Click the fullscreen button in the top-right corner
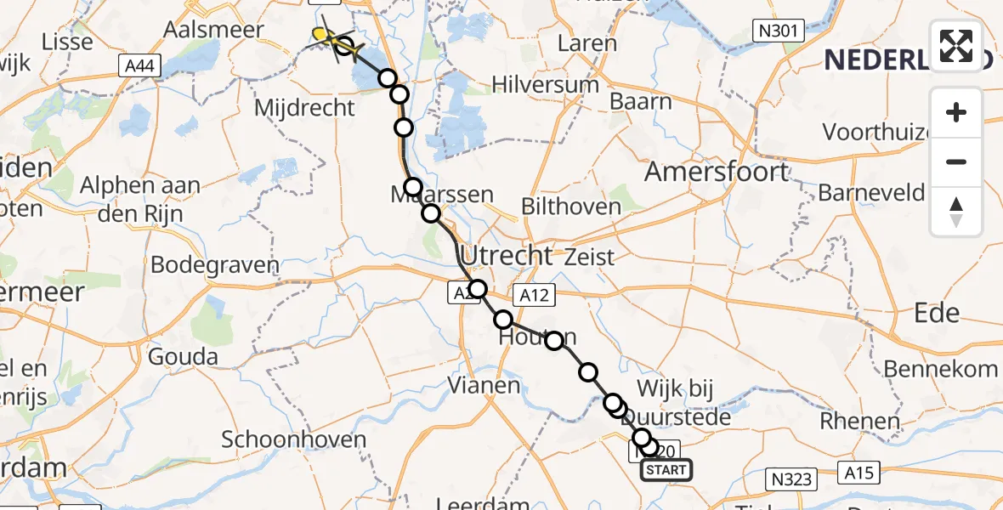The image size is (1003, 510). [x=956, y=45]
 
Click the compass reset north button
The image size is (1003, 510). [x=956, y=212]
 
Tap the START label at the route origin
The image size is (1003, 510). [x=666, y=470]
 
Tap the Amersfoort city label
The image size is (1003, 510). [x=717, y=173]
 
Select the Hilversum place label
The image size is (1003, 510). [x=546, y=85]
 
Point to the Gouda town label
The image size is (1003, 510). [x=183, y=357]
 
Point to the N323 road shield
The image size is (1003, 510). [x=791, y=479]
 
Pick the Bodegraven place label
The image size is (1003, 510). [x=215, y=265]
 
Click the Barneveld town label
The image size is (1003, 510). [x=871, y=193]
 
